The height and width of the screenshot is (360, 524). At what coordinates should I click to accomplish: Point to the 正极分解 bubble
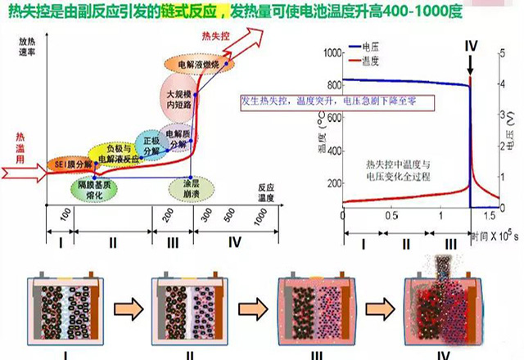(151, 145)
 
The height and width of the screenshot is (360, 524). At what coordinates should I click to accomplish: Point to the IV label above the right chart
(470, 45)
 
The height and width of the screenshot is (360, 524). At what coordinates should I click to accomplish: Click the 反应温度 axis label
(262, 191)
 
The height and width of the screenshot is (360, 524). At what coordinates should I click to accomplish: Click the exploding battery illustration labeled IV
(443, 307)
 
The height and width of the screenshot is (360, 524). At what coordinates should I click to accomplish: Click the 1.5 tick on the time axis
(489, 216)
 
